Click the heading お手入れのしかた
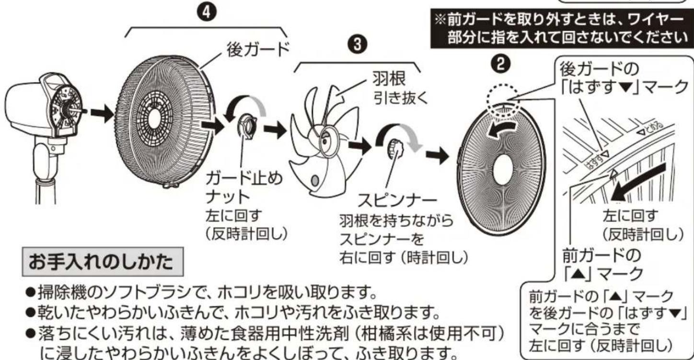pyautogui.click(x=103, y=262)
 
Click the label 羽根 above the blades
pyautogui.click(x=389, y=79)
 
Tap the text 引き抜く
pyautogui.click(x=401, y=99)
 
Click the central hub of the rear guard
pyautogui.click(x=154, y=119)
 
